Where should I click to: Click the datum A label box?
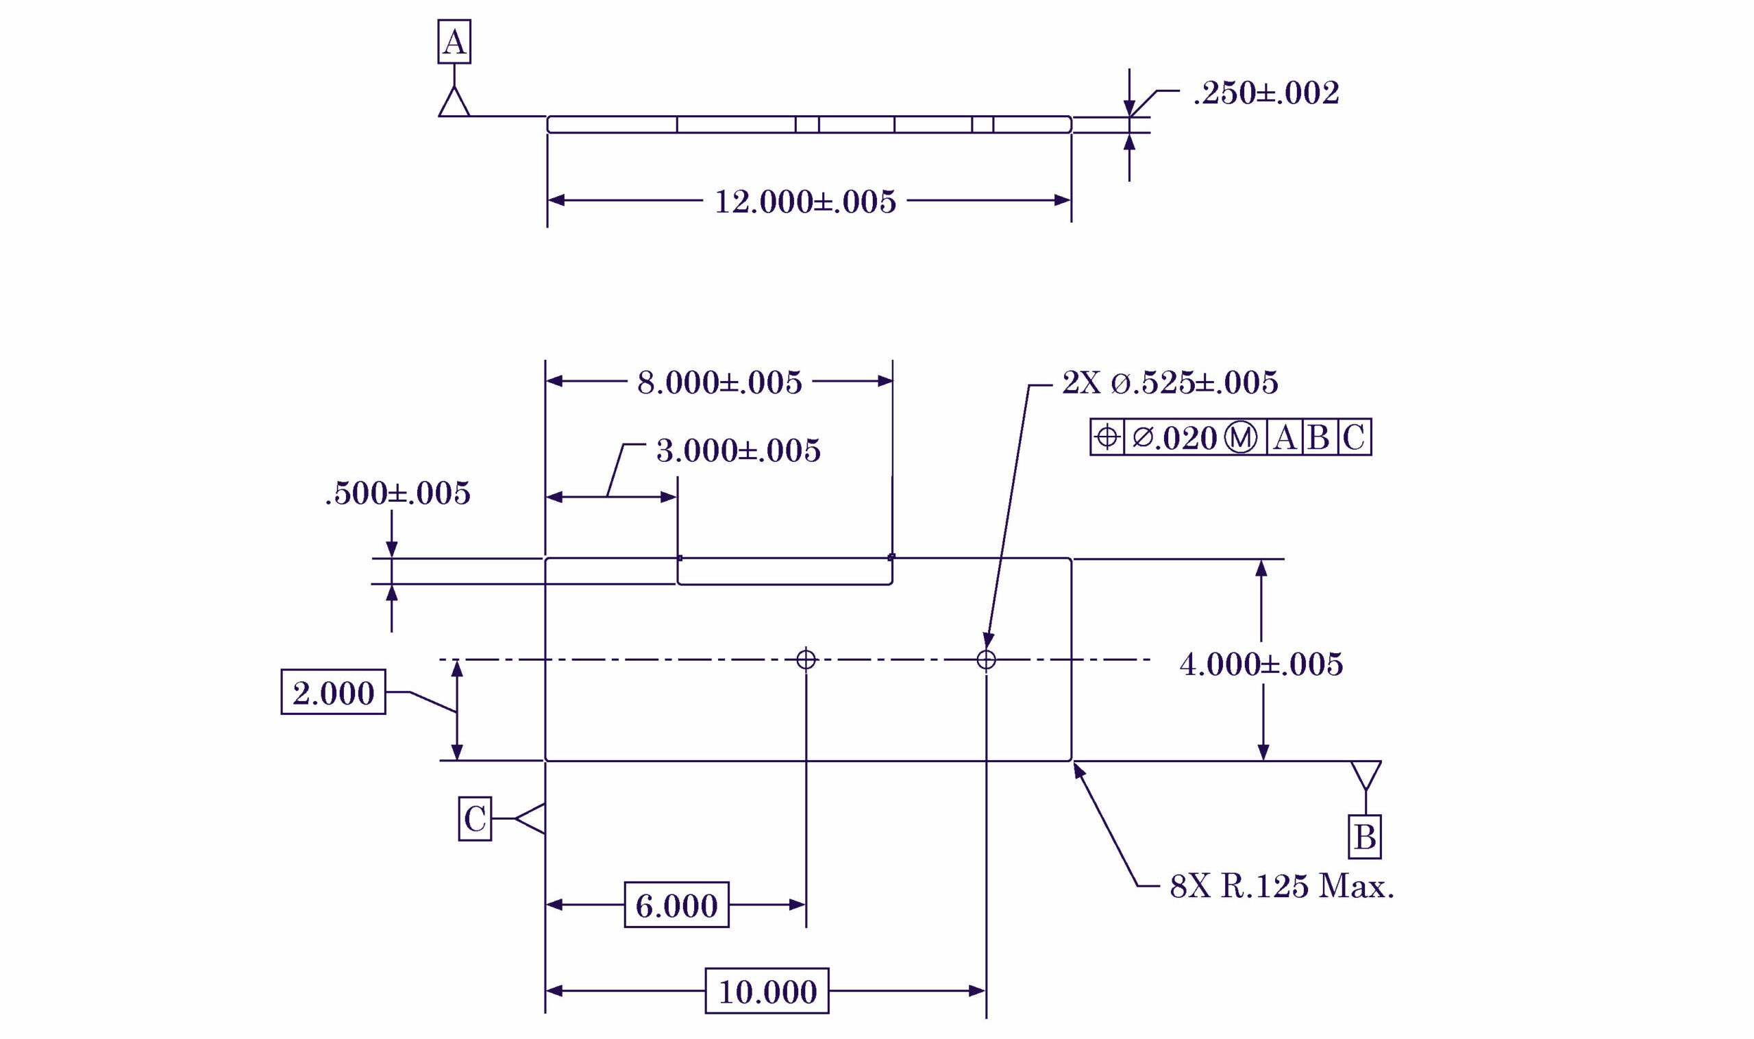(454, 42)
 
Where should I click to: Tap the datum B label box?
(1364, 837)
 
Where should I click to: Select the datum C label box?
(475, 818)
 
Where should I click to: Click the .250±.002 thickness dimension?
(1265, 93)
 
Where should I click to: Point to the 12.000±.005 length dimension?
(805, 201)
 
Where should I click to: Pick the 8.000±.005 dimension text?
(719, 383)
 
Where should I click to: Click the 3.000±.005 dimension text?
(738, 451)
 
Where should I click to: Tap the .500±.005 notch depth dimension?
(397, 493)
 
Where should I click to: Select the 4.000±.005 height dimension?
(1261, 663)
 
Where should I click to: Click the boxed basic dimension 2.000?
(333, 692)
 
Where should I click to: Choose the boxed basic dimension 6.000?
(676, 905)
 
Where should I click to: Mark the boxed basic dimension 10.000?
(767, 992)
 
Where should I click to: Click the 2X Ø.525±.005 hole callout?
(1170, 383)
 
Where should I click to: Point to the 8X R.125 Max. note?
(1281, 886)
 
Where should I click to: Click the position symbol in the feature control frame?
(1107, 437)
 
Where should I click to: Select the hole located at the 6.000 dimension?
(806, 659)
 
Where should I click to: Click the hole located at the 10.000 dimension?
(985, 659)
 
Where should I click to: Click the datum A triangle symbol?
(454, 102)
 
